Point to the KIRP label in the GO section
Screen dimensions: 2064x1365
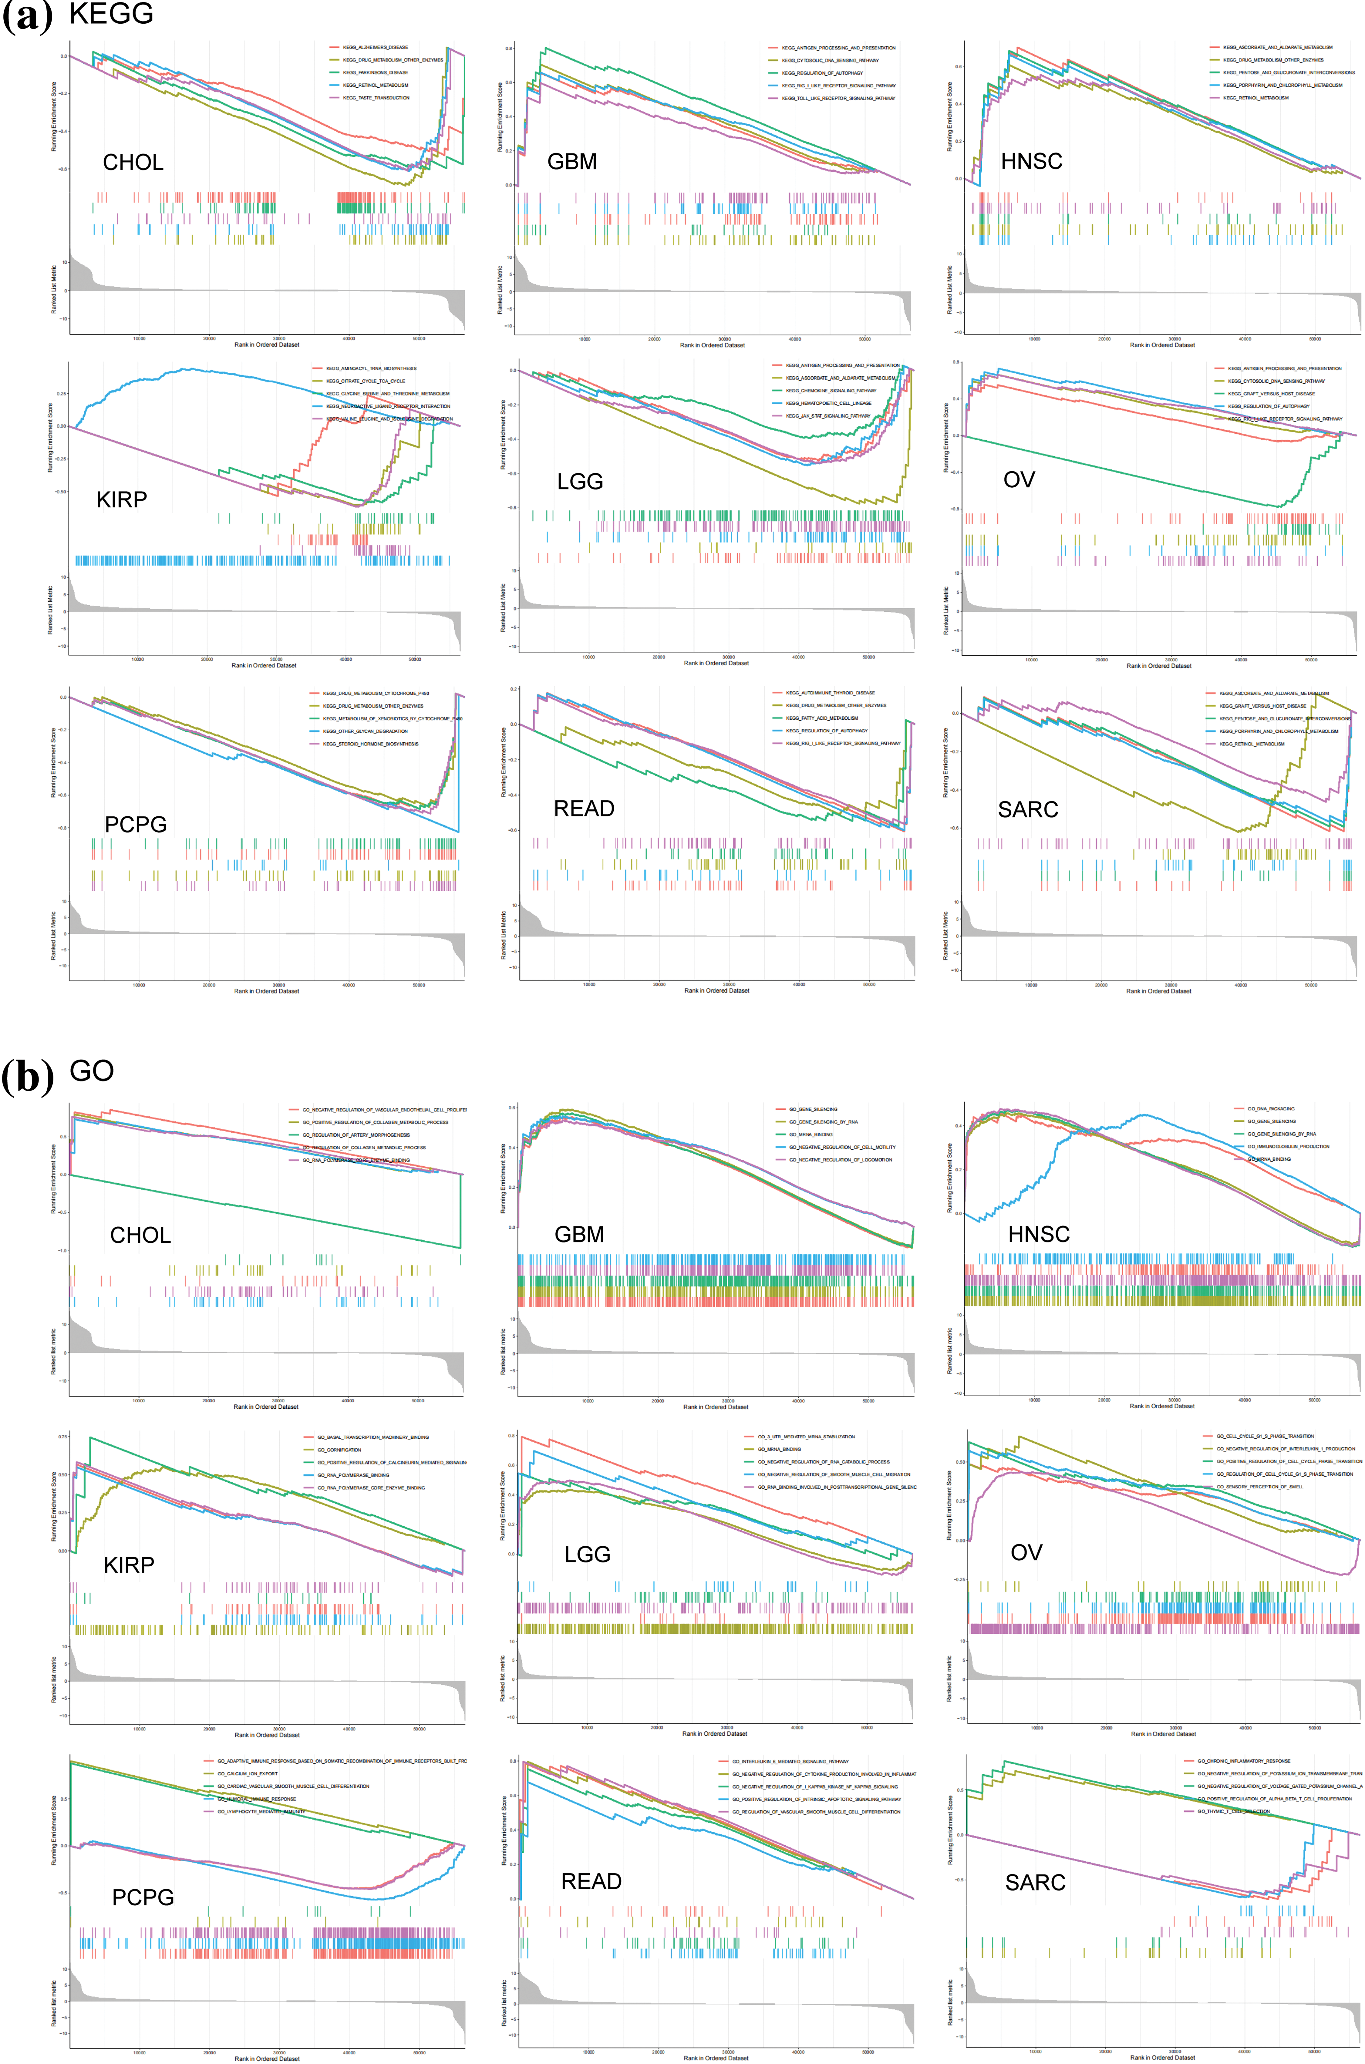(129, 1565)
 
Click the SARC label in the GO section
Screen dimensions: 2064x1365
(1035, 1882)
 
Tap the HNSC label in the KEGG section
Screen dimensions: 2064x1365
(1032, 161)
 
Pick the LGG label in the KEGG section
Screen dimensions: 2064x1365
(580, 481)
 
